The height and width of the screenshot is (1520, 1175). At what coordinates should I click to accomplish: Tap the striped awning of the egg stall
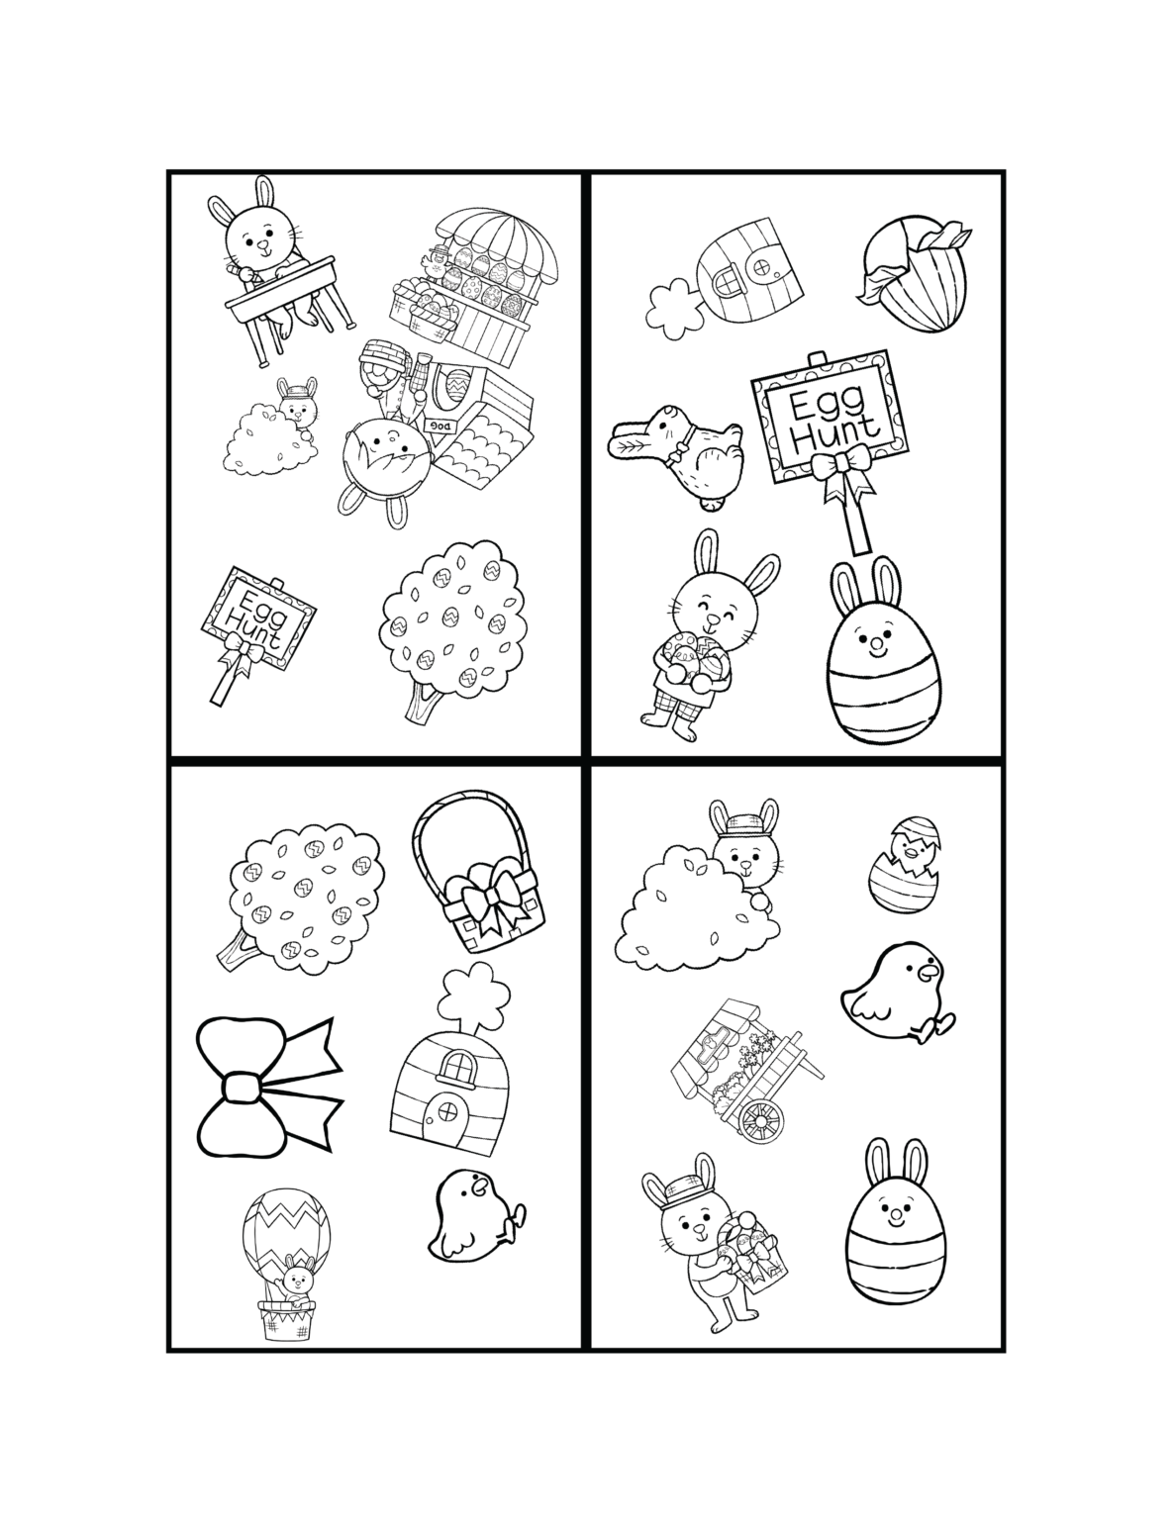(x=497, y=244)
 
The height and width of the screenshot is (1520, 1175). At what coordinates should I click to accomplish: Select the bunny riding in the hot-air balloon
(x=294, y=1283)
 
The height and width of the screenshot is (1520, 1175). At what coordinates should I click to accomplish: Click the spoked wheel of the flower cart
(x=760, y=1118)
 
